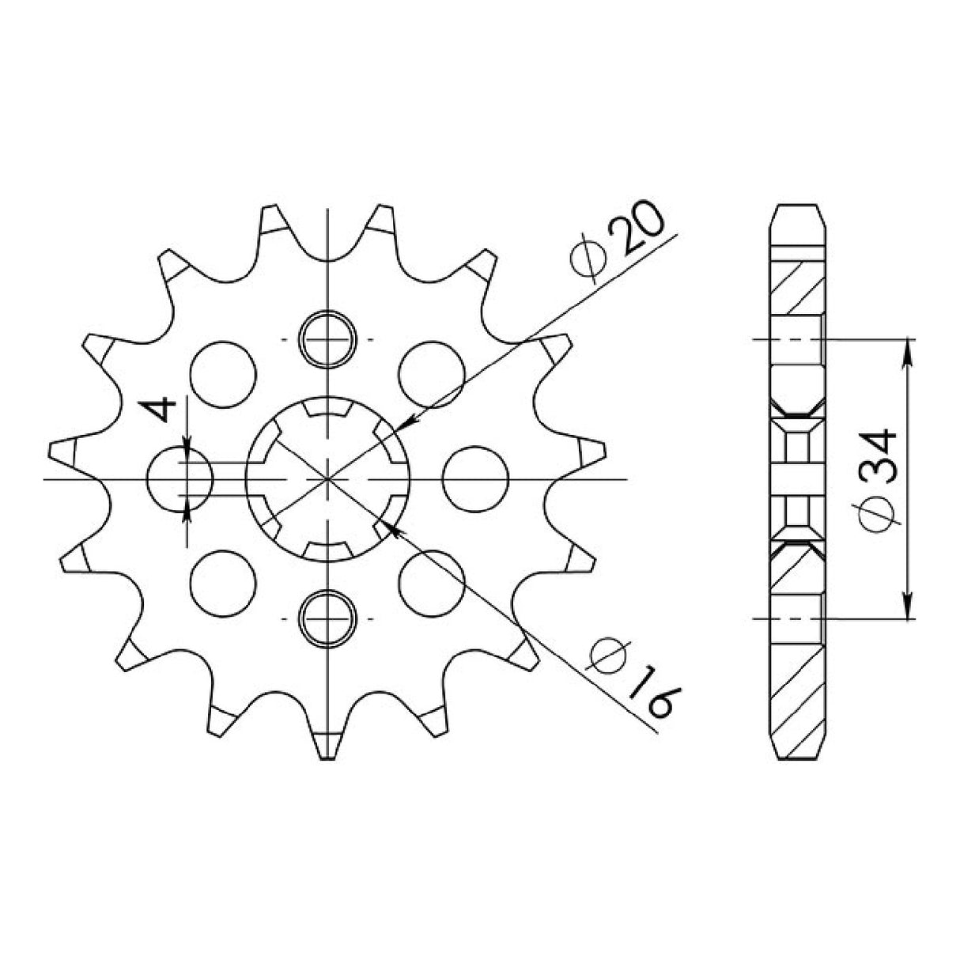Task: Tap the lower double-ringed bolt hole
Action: click(x=327, y=618)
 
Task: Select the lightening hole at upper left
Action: click(x=225, y=374)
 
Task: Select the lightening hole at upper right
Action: click(x=431, y=374)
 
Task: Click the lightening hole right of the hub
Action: click(x=474, y=479)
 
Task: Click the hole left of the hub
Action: click(x=181, y=479)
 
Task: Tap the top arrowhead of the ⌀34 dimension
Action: click(x=908, y=349)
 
